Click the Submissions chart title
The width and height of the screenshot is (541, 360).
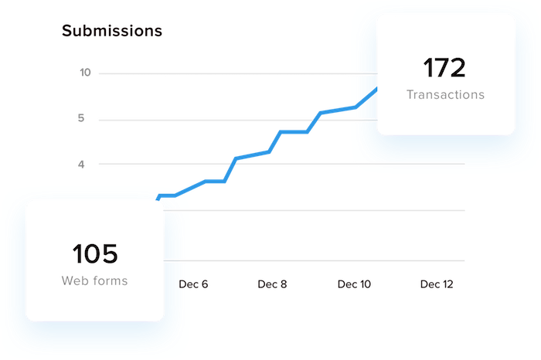coord(111,32)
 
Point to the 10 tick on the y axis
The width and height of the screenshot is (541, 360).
coord(86,73)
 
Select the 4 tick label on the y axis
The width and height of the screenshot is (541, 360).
coord(81,164)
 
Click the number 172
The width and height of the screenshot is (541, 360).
coord(444,69)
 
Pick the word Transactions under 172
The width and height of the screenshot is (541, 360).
coord(445,94)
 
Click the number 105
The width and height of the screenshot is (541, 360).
coord(95,254)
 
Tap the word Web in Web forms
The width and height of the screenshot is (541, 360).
coord(76,280)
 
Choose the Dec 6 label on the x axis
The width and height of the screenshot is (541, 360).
coord(194,284)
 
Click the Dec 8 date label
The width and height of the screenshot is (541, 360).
coord(272,284)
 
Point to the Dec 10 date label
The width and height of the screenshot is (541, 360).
coord(354,284)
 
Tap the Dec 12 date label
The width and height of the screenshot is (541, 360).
coord(437,284)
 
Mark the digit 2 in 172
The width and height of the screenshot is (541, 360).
coord(457,69)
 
